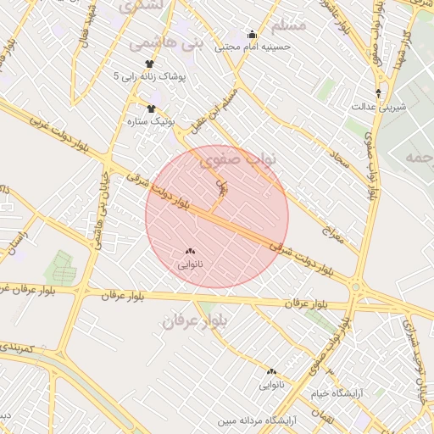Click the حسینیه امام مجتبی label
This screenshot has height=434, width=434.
point(253,47)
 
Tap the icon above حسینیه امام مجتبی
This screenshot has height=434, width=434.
point(252,35)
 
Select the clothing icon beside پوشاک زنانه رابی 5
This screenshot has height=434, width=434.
point(150,64)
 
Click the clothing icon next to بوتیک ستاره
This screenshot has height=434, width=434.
point(152,108)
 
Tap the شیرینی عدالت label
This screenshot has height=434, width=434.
point(378,107)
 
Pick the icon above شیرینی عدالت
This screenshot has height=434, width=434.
point(378,93)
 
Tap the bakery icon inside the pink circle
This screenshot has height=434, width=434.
point(189,252)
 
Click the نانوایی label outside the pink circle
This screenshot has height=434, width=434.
point(271,385)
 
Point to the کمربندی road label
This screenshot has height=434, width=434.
point(18,348)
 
